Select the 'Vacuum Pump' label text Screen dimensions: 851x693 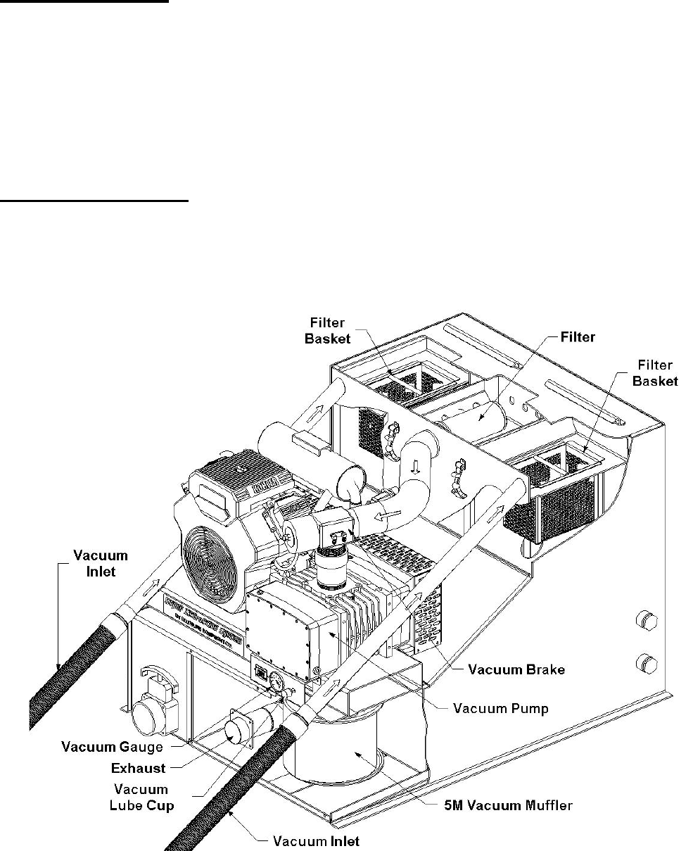click(500, 708)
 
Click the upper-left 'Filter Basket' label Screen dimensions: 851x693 click(325, 330)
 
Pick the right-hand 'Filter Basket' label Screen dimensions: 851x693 click(655, 373)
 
